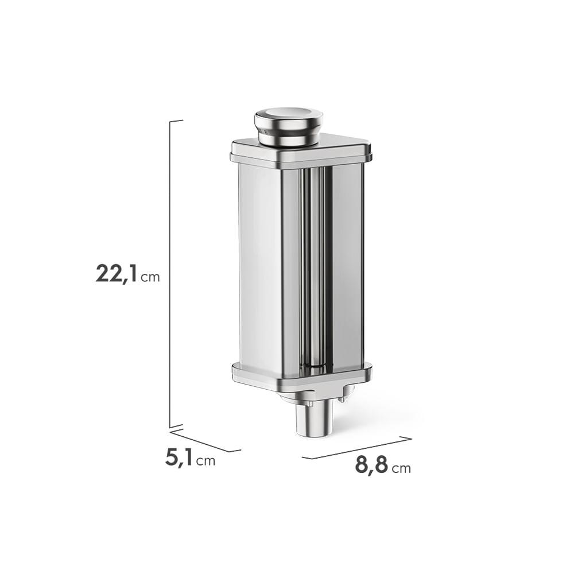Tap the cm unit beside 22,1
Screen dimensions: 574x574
click(150, 277)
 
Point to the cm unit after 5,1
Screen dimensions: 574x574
click(205, 461)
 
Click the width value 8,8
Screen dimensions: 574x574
click(371, 464)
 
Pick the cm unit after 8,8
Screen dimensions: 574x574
click(401, 468)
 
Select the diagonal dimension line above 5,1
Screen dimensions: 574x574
click(205, 441)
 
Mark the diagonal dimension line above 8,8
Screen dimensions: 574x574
click(356, 448)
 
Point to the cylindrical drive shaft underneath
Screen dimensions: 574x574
click(314, 419)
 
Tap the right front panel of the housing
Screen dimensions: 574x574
click(347, 264)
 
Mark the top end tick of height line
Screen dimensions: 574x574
click(176, 121)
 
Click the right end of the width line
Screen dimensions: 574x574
click(410, 439)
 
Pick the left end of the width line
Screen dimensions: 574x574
click(303, 458)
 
